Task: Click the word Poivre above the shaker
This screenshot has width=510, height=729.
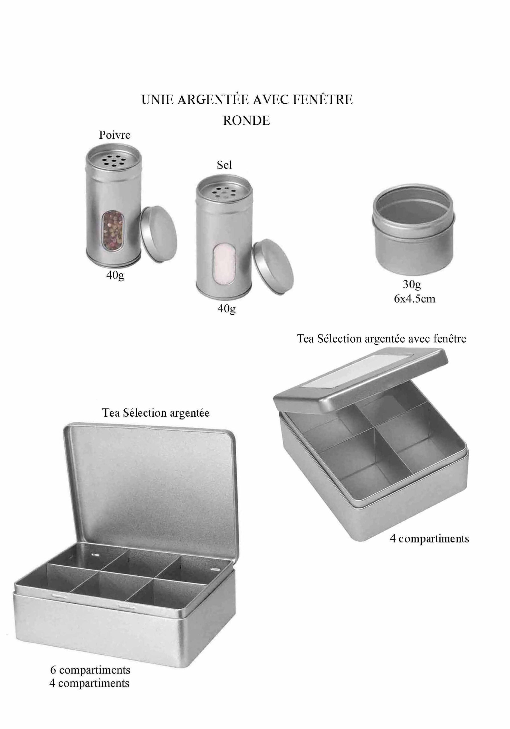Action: coord(115,135)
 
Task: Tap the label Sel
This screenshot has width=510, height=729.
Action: coord(224,165)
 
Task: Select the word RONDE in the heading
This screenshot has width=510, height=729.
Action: coord(246,121)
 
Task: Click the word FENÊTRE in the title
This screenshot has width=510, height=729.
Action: coord(322,100)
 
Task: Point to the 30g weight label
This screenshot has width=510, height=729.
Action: coord(412,284)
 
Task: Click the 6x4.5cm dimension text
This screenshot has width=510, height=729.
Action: coord(414,299)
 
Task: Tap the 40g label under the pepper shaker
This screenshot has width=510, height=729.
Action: coord(115,275)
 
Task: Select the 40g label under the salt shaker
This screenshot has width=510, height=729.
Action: coord(226,309)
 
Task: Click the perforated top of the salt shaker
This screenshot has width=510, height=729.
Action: coord(224,191)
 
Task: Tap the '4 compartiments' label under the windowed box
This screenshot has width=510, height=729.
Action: coord(429,538)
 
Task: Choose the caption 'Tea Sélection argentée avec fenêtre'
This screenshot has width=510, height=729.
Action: coord(381,339)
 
